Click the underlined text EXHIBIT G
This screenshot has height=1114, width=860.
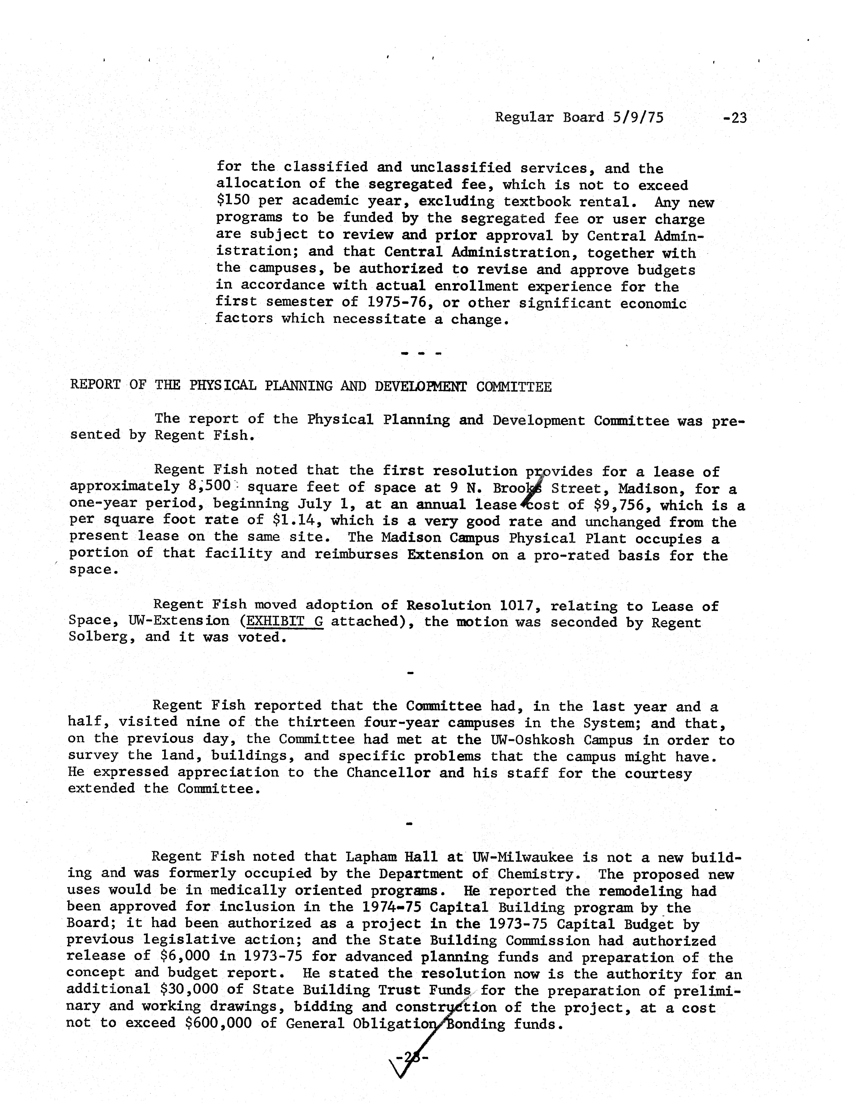(x=284, y=621)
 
